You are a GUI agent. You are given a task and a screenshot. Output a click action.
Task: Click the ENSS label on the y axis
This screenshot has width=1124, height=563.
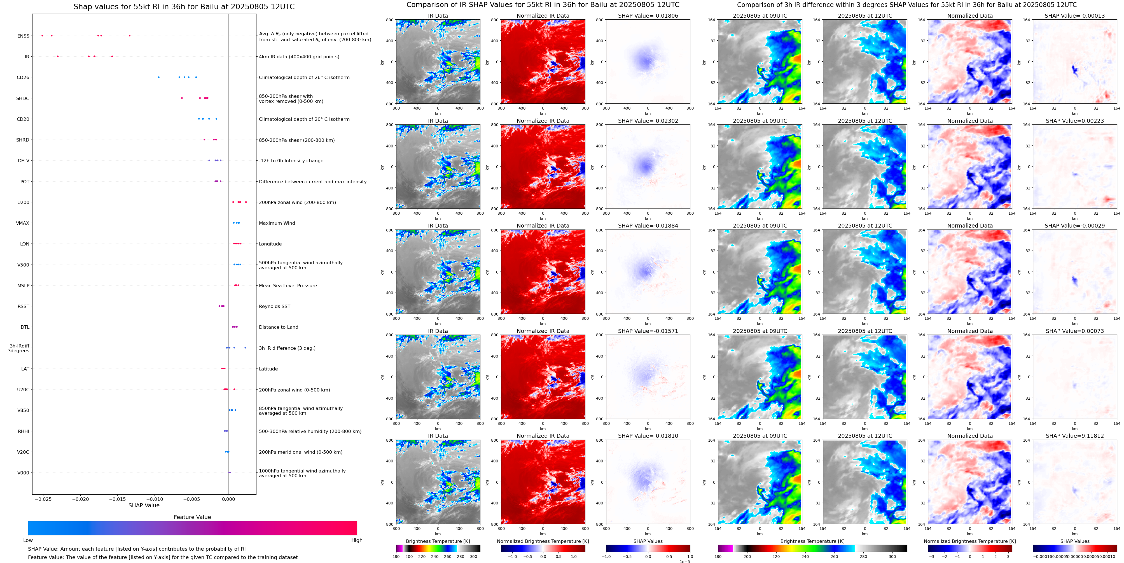tap(23, 36)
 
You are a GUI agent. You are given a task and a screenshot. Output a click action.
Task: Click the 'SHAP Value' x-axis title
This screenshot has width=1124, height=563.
tap(144, 505)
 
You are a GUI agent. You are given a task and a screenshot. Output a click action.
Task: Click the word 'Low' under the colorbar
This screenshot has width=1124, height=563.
tap(28, 540)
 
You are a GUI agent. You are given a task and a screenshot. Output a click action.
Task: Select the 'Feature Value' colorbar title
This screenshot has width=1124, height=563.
tap(192, 517)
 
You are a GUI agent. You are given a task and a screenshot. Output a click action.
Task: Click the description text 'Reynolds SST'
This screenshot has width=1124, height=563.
tap(274, 306)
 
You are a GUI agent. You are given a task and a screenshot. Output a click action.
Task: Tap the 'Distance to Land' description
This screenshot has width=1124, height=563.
tap(278, 327)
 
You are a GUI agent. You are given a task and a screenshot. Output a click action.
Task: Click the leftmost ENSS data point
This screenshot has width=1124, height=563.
tap(42, 35)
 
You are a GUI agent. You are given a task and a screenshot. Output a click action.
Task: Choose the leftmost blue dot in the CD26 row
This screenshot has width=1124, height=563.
tap(158, 77)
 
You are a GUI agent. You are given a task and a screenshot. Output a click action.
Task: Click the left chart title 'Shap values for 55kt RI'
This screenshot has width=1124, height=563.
tap(184, 6)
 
